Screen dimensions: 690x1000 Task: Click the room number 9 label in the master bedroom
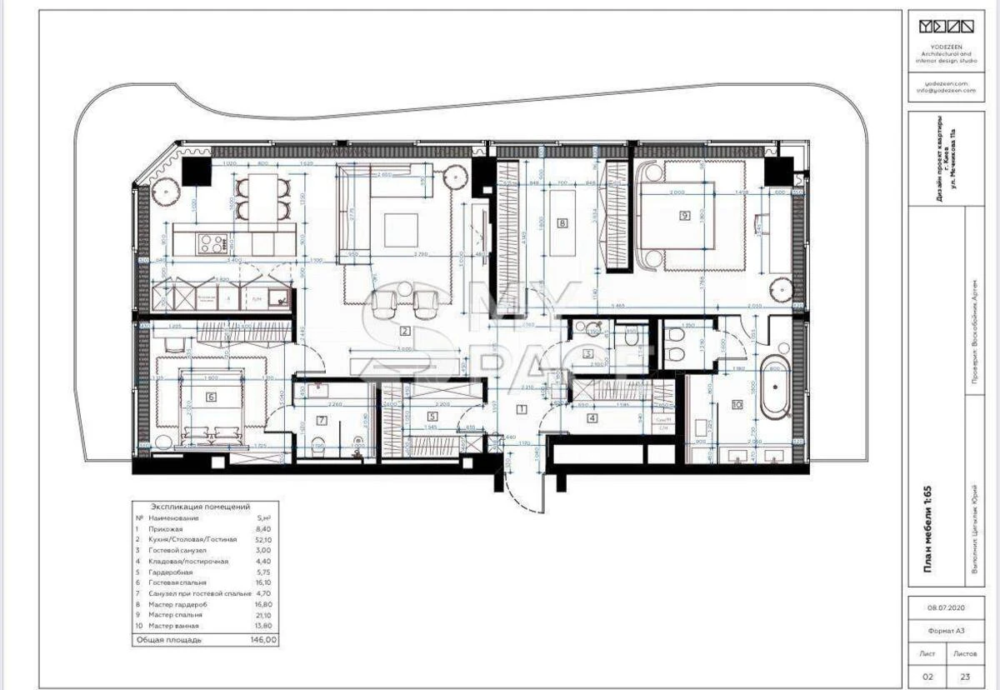(x=685, y=215)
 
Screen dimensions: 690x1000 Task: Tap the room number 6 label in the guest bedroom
(x=211, y=397)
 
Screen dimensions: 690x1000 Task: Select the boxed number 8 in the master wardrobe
(x=563, y=223)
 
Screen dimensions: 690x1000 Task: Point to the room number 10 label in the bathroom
(x=737, y=405)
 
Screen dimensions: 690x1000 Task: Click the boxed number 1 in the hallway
(x=521, y=408)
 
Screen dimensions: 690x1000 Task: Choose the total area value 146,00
(x=264, y=640)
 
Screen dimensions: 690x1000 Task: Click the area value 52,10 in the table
(x=264, y=540)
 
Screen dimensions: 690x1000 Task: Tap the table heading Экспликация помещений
(x=200, y=506)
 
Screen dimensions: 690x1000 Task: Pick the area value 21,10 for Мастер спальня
(x=264, y=614)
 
